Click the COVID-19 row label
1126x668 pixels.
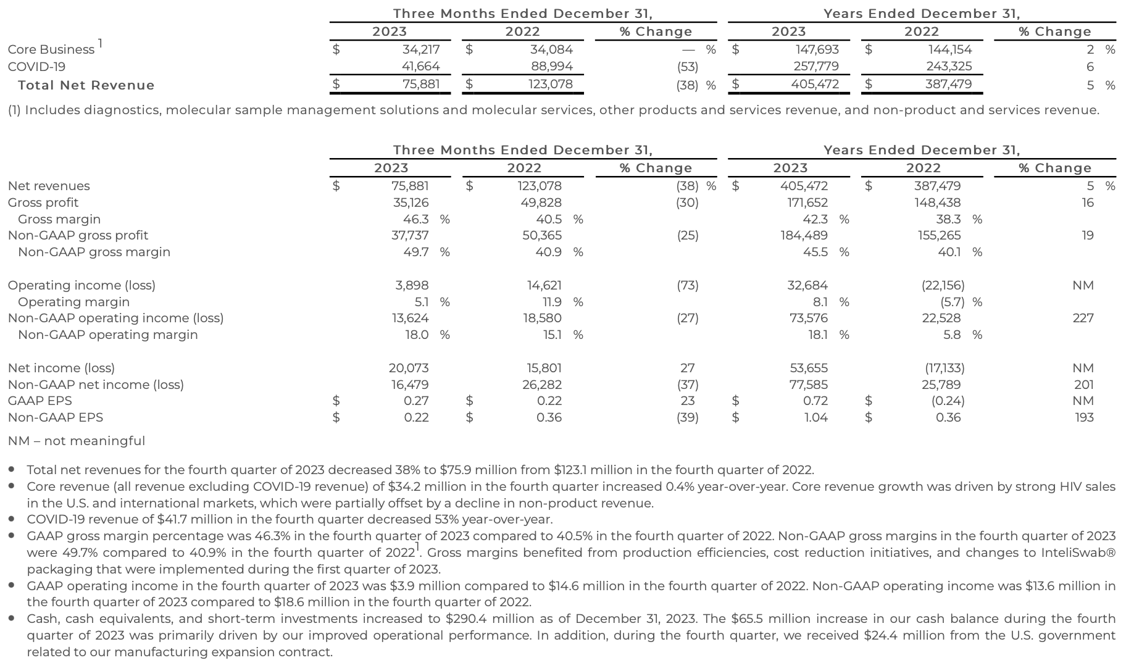pyautogui.click(x=36, y=67)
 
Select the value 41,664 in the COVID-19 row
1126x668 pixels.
pyautogui.click(x=420, y=67)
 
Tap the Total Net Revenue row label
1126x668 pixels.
pyautogui.click(x=86, y=85)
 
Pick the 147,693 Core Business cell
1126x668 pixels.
pyautogui.click(x=815, y=49)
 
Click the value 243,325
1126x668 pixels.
pyautogui.click(x=949, y=67)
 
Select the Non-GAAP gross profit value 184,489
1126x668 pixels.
pyautogui.click(x=804, y=235)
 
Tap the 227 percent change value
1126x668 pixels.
pyautogui.click(x=1083, y=318)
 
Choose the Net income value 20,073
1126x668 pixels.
pyautogui.click(x=408, y=368)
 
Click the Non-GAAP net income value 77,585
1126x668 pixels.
pyautogui.click(x=809, y=385)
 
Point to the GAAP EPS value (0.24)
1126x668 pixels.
pyautogui.click(x=948, y=401)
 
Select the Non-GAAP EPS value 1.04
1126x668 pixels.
pyautogui.click(x=815, y=417)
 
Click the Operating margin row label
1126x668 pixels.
pyautogui.click(x=73, y=302)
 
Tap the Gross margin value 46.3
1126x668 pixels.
pyautogui.click(x=415, y=219)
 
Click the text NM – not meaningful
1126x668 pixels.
pyautogui.click(x=77, y=441)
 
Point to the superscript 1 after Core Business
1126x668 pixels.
pyautogui.click(x=100, y=43)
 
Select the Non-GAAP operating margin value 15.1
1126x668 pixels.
pyautogui.click(x=551, y=335)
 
